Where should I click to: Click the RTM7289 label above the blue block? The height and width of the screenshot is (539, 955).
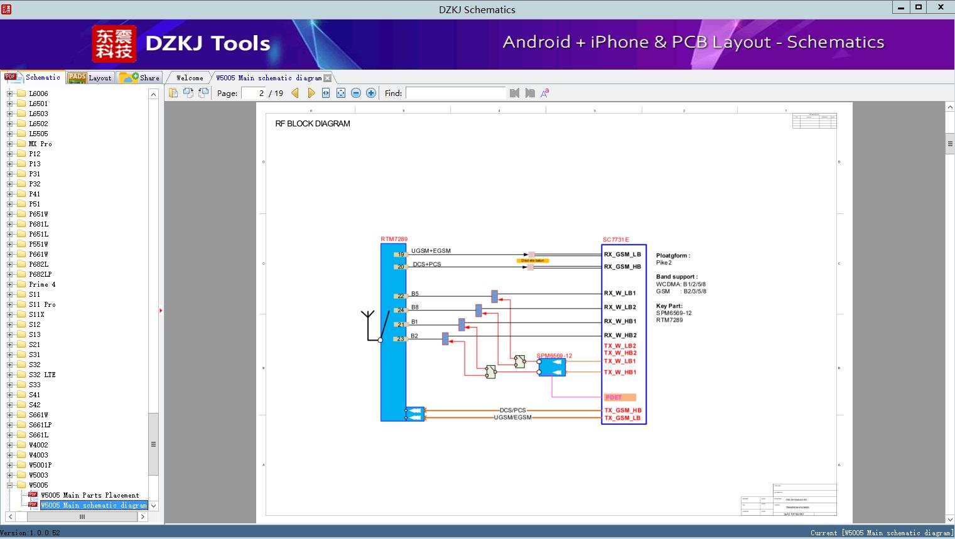click(x=394, y=239)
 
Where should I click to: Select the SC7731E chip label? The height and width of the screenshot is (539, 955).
click(x=615, y=240)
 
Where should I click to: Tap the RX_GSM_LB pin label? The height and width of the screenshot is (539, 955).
click(x=622, y=255)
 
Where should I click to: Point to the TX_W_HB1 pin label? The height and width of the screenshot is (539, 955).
click(x=620, y=372)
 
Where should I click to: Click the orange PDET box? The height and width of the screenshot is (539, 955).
click(x=620, y=397)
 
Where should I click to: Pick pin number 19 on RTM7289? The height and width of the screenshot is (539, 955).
click(x=401, y=255)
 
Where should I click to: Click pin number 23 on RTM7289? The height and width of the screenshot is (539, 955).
click(x=401, y=339)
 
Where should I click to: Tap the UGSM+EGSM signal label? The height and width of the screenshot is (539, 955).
click(x=431, y=251)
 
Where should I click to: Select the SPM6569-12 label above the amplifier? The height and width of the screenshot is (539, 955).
click(x=554, y=356)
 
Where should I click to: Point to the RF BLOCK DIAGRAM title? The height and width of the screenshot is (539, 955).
click(x=313, y=124)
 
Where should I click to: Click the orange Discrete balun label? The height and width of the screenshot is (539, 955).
click(x=532, y=260)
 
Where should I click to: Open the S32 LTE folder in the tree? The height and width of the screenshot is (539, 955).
click(x=42, y=375)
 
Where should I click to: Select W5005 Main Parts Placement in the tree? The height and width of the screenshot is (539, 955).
click(x=90, y=495)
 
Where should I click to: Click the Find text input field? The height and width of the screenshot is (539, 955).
click(x=455, y=93)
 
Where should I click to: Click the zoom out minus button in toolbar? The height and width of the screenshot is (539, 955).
click(x=356, y=93)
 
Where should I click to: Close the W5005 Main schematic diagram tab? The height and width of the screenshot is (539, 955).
click(x=327, y=78)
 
